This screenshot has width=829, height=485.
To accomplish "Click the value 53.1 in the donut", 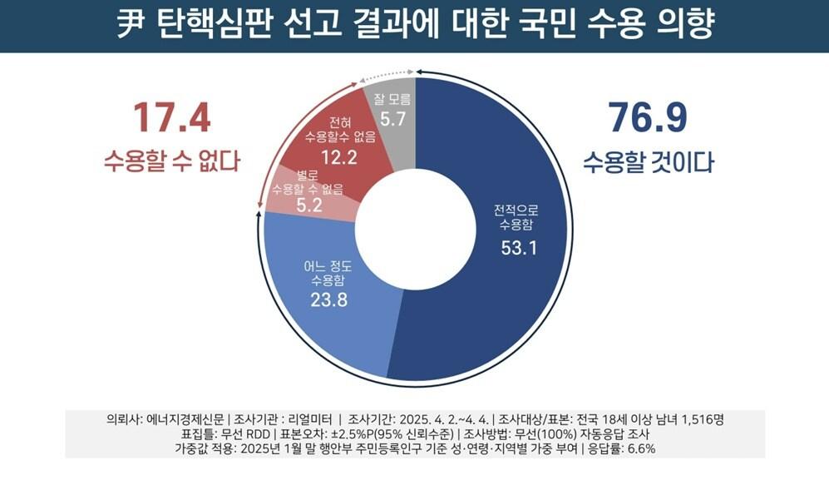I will pos(516,247).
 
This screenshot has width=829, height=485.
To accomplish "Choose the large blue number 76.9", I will pos(648,118).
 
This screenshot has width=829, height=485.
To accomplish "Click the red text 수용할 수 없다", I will pos(171,161).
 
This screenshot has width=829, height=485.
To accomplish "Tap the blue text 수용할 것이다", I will pos(648,161).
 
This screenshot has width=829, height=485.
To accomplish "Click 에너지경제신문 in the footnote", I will pos(188,418).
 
